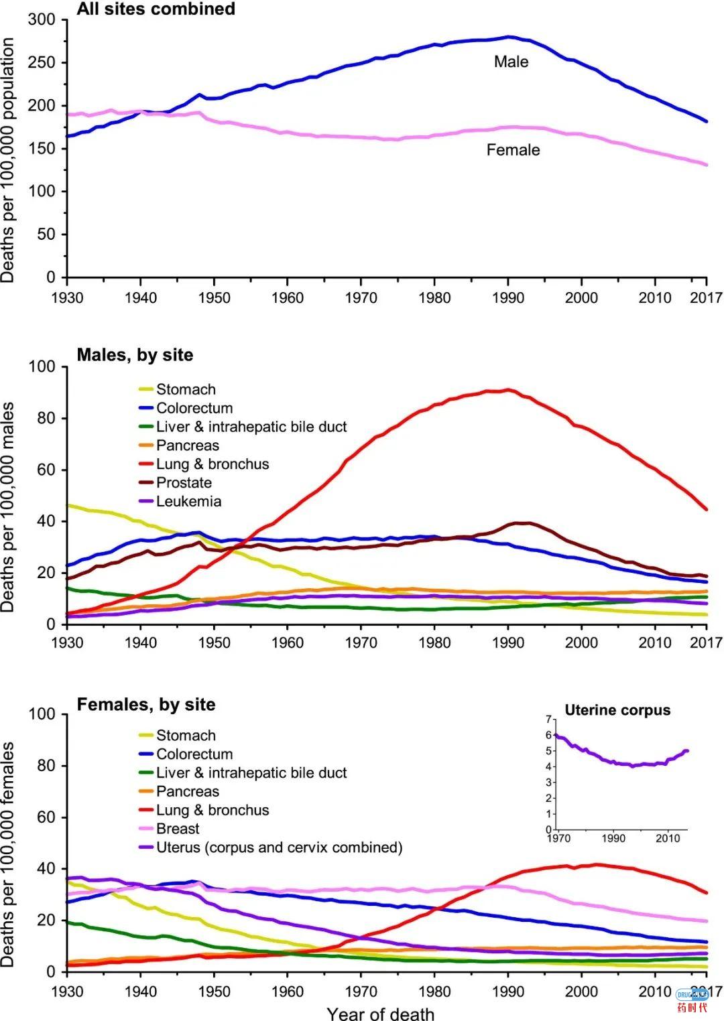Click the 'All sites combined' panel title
coord(156,9)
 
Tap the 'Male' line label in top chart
coord(511,62)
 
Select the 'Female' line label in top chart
coord(513,150)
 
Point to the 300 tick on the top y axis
coord(42,19)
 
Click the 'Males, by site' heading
coord(135,355)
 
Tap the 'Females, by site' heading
coord(146,705)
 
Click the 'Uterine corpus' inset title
coord(617,710)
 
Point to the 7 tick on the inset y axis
coord(548,720)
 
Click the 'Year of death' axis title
coord(380,1014)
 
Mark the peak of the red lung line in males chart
coord(508,390)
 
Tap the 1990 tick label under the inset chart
coord(613,838)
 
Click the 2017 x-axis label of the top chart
coord(706,297)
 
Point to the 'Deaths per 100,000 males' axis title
coord(8,506)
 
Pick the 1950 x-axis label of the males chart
coord(214,643)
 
